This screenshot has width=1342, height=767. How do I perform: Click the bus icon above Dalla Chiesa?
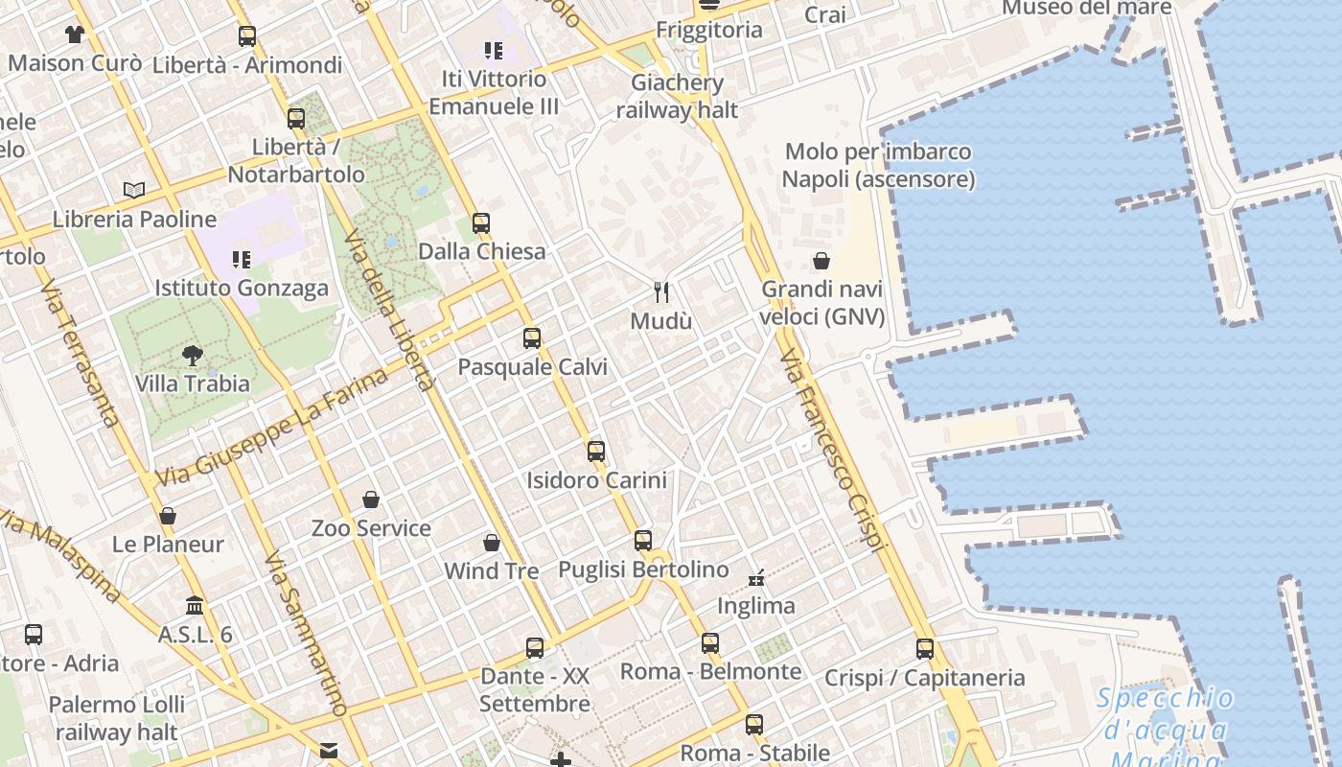coord(481,223)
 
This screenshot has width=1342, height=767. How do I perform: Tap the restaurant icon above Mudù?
coord(660,291)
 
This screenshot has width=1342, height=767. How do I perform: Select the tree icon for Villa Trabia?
coord(193,355)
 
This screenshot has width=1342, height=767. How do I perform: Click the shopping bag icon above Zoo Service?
coord(371,500)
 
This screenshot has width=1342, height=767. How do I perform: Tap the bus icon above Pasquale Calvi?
coord(532,338)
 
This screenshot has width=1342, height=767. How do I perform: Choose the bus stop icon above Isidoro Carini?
coord(596,452)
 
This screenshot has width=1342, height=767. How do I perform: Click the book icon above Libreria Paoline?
coord(134,190)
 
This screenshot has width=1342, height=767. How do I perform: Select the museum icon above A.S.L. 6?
coord(195,606)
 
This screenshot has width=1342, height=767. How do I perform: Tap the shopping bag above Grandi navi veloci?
coord(821,261)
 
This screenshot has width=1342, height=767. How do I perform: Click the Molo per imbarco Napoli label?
coord(878,166)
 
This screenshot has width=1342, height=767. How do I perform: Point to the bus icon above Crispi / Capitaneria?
coord(925,649)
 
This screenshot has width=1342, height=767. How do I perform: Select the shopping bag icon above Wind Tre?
coord(492,543)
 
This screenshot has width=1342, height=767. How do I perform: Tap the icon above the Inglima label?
coord(756,577)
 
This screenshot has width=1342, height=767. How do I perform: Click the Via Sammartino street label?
coord(305,634)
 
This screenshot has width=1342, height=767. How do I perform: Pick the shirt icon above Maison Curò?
coord(75,35)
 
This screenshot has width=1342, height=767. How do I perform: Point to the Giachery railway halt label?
coord(677,96)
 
